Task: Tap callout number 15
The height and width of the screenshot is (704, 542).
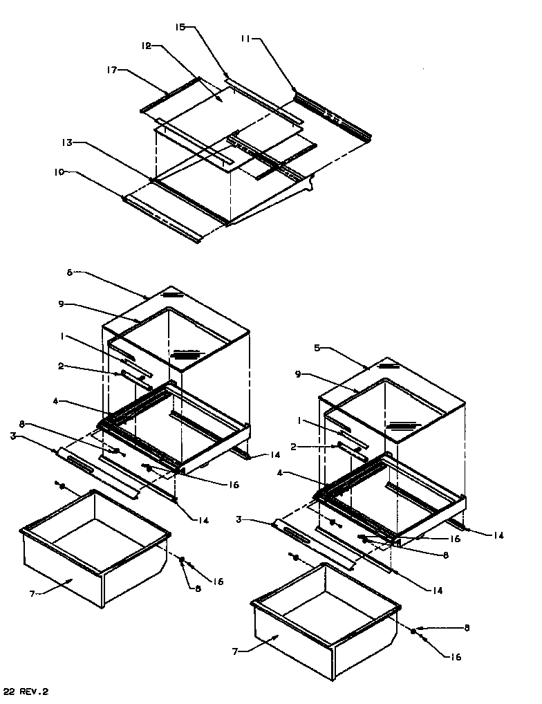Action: pyautogui.click(x=180, y=28)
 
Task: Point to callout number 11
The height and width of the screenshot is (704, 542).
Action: pyautogui.click(x=246, y=40)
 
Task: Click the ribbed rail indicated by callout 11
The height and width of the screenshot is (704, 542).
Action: pyautogui.click(x=332, y=114)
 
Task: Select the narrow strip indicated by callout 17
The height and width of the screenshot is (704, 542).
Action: pyautogui.click(x=169, y=94)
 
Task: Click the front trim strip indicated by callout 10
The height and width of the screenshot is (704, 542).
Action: pyautogui.click(x=162, y=218)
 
